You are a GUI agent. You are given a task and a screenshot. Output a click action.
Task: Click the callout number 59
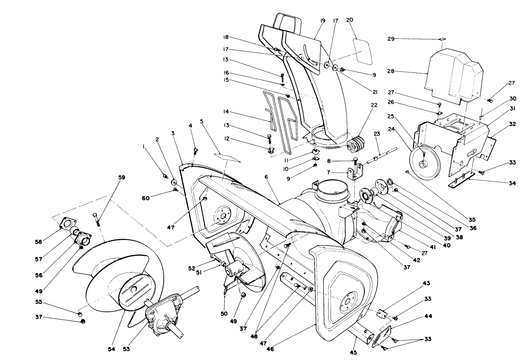click(121, 177)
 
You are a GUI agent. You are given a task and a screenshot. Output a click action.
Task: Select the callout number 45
click(353, 353)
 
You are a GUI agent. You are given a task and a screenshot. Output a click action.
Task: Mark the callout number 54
click(112, 349)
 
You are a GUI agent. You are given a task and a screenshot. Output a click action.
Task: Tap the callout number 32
click(513, 124)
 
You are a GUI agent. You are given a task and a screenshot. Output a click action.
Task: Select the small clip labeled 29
click(442, 39)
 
